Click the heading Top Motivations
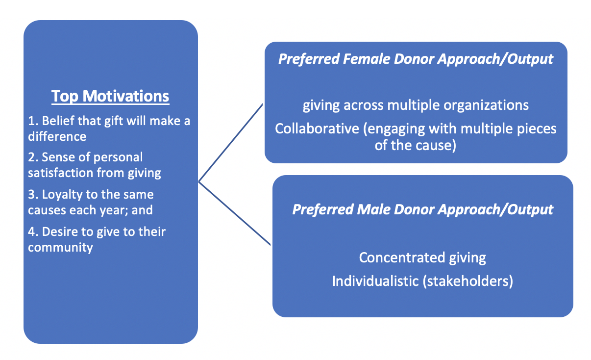110,96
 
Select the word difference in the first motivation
57,136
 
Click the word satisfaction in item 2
60,173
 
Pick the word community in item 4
60,248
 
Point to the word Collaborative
317,129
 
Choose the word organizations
486,105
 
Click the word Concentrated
402,257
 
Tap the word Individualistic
375,281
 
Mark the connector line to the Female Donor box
230,143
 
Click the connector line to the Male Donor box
234,213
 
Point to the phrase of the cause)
415,145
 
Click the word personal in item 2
118,157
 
